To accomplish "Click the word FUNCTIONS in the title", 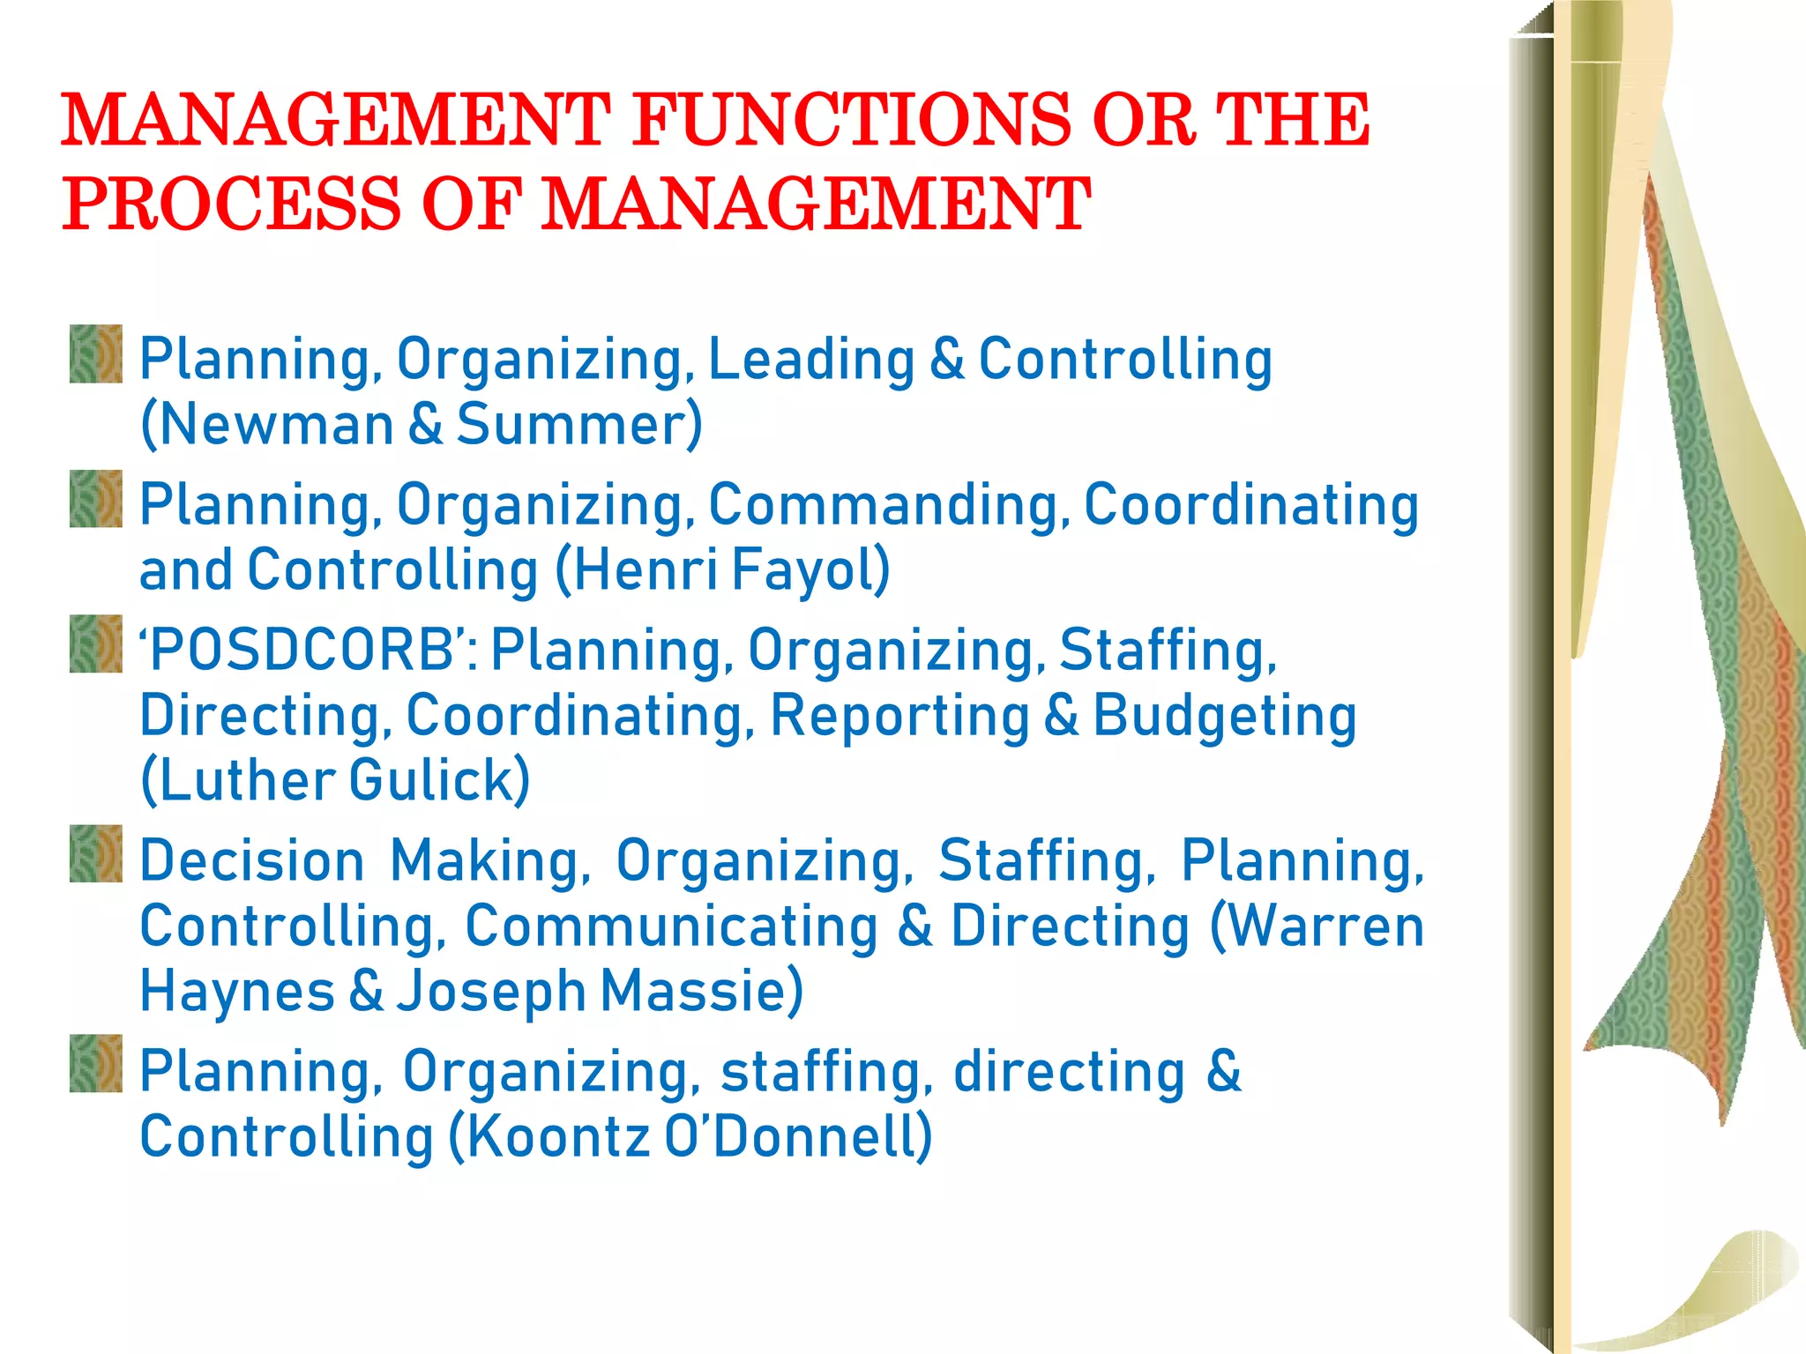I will (x=851, y=121).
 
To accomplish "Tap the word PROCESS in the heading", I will (x=230, y=205).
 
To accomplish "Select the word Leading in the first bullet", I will (x=811, y=360).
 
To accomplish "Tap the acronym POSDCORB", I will (x=300, y=651).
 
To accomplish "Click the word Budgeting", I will (x=1225, y=715).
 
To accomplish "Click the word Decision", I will (x=252, y=860).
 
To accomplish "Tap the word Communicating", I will (x=671, y=926).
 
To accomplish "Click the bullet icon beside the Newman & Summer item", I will (x=96, y=354).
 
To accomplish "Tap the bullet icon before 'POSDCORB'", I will (x=96, y=644).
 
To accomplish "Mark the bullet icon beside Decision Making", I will (x=96, y=854).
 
